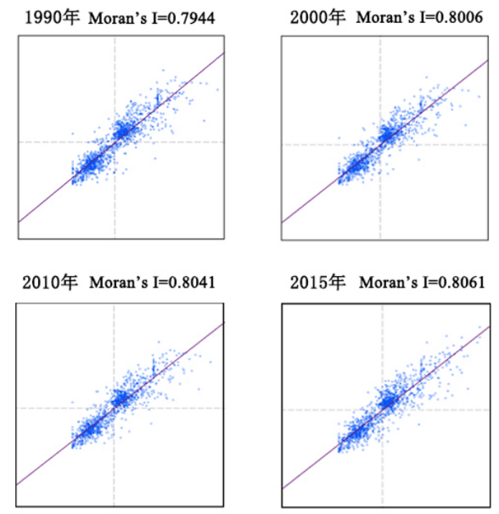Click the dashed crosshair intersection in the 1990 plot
115,142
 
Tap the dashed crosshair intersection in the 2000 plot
381,144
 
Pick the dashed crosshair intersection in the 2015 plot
381,410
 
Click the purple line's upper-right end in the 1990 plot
224,52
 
